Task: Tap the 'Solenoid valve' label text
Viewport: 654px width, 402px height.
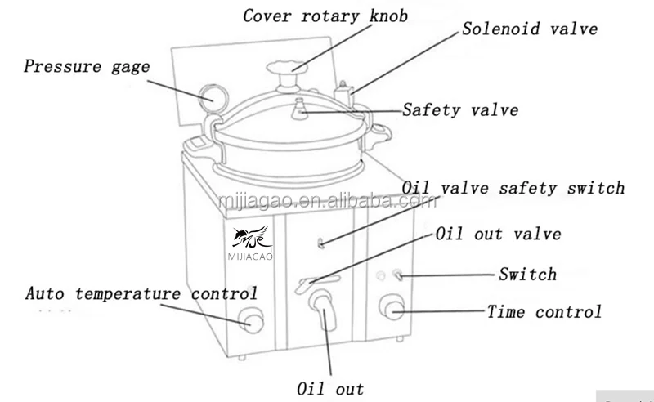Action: [x=529, y=29]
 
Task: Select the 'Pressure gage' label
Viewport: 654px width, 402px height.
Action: [x=87, y=67]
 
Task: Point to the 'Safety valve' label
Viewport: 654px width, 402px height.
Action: [x=459, y=109]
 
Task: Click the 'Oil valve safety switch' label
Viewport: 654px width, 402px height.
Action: [x=513, y=188]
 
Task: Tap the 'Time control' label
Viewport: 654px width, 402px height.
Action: [x=544, y=311]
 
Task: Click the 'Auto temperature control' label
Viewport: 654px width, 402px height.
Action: [x=141, y=293]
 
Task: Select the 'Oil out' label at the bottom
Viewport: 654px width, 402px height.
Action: [x=330, y=388]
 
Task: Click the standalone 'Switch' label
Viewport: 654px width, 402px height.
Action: [x=527, y=275]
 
